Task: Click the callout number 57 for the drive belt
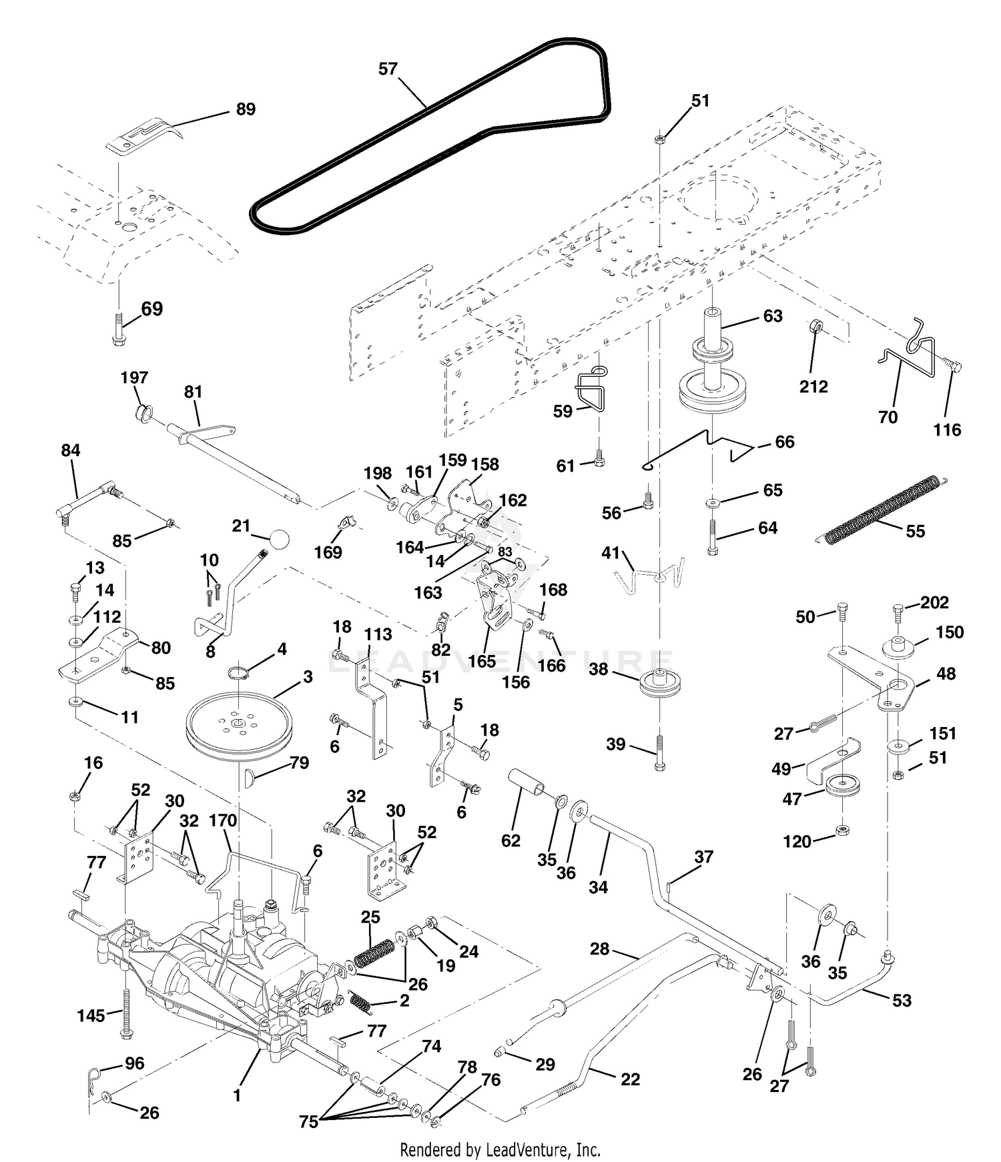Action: click(x=388, y=69)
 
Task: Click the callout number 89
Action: click(x=246, y=109)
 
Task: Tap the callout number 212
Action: click(x=813, y=386)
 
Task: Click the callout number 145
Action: click(x=91, y=1016)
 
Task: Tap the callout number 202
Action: click(x=934, y=602)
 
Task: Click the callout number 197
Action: click(x=134, y=378)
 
